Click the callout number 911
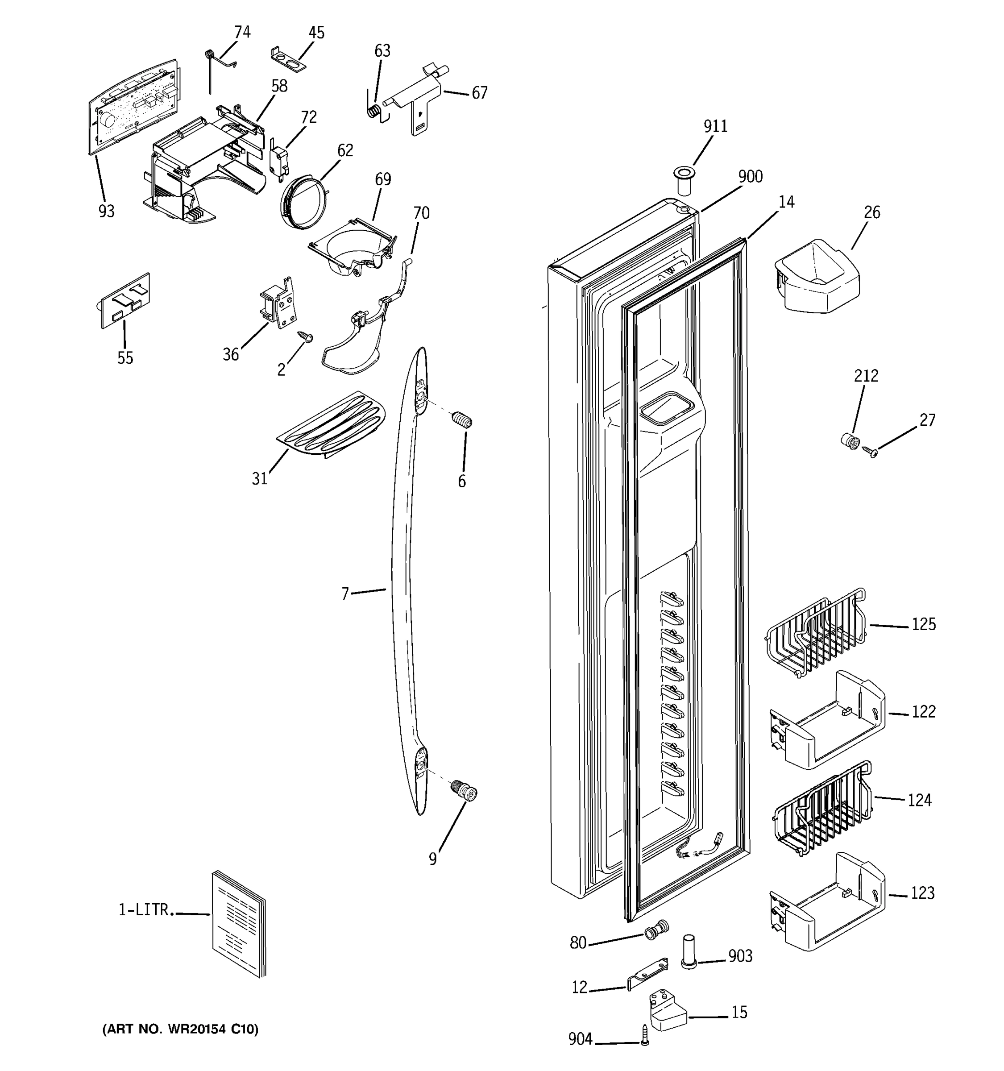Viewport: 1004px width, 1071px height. point(715,126)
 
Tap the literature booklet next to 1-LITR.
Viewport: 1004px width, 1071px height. point(239,923)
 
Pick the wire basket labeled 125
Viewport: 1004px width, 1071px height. point(814,631)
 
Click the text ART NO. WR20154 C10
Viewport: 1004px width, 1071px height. point(180,1029)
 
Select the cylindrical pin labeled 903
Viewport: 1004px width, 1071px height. point(689,952)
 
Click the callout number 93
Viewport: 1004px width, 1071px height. point(106,211)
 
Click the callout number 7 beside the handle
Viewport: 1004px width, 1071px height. point(345,594)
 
